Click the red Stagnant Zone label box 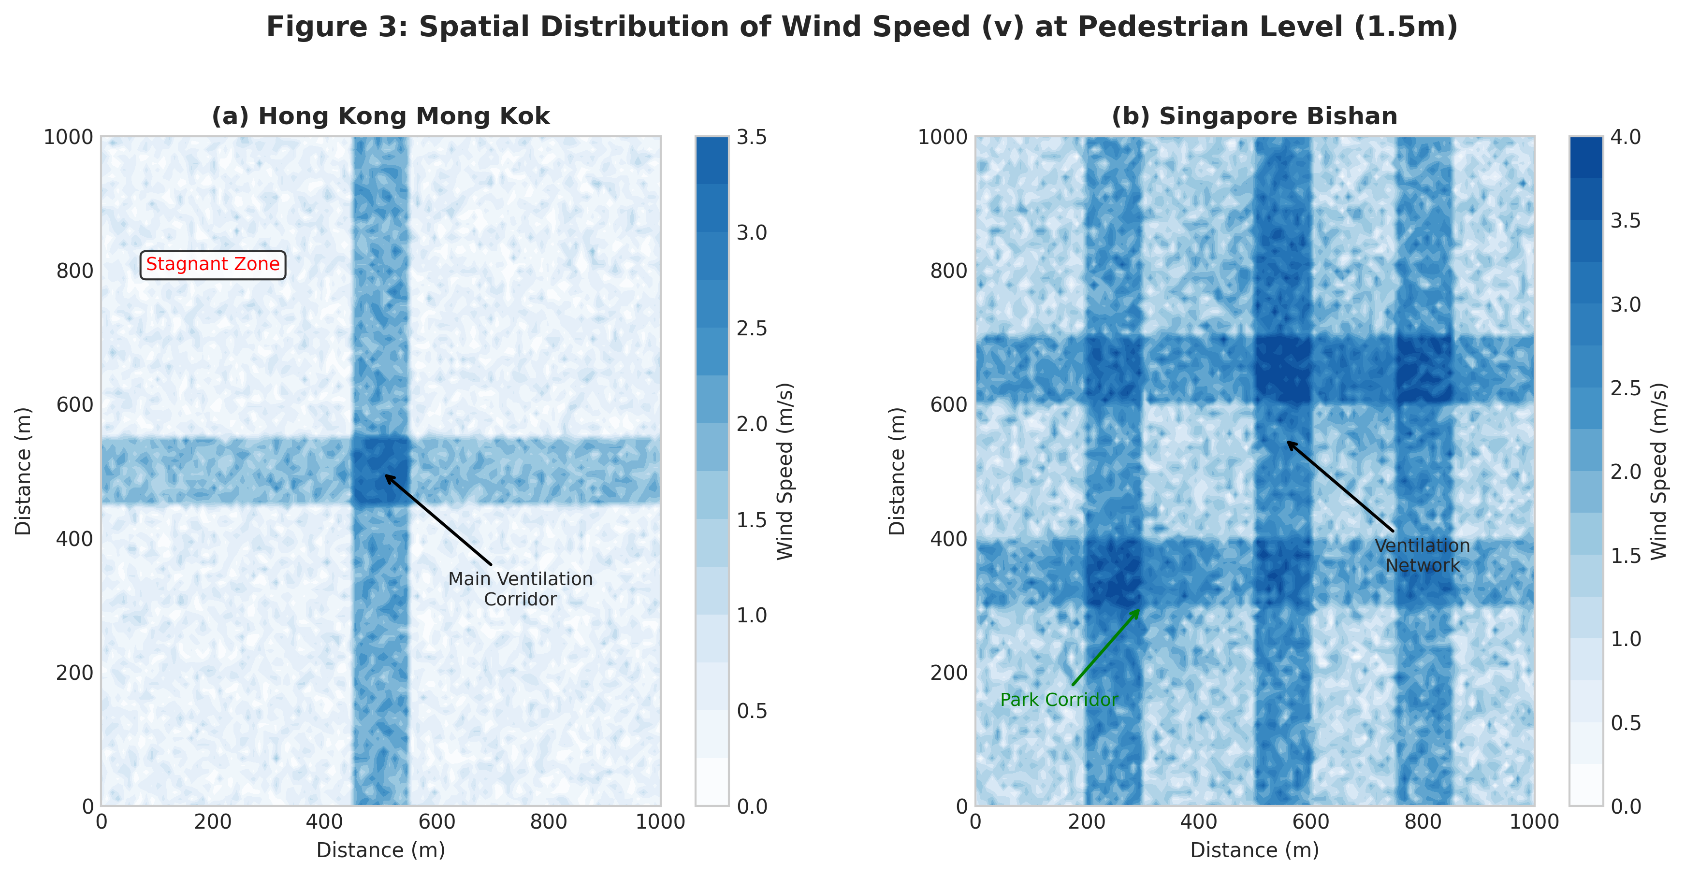pyautogui.click(x=213, y=265)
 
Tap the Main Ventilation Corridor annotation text pyautogui.click(x=520, y=589)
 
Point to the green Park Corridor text pyautogui.click(x=1059, y=700)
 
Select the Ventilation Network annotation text pyautogui.click(x=1422, y=556)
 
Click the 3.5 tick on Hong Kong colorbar pyautogui.click(x=752, y=137)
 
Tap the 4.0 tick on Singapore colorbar pyautogui.click(x=1626, y=137)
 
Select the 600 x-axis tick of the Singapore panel pyautogui.click(x=1311, y=822)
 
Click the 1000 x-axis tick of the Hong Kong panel pyautogui.click(x=660, y=822)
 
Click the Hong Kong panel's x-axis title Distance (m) pyautogui.click(x=381, y=850)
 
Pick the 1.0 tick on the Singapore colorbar pyautogui.click(x=1626, y=639)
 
